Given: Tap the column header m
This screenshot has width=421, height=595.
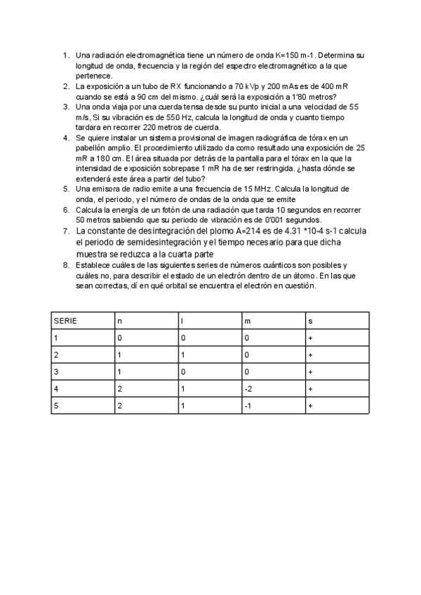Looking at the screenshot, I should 246,321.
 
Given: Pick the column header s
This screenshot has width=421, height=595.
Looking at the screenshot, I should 309,321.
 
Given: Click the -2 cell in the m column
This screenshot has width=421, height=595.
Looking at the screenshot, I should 248,389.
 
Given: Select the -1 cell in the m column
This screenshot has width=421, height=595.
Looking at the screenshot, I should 248,406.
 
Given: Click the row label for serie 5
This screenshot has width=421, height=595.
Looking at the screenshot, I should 55,406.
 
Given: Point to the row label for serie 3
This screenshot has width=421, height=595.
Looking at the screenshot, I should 55,372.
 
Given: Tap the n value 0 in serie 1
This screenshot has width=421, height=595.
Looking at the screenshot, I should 119,338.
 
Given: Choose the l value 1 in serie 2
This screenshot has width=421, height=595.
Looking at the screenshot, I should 182,355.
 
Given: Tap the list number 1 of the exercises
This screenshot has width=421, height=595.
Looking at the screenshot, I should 65,55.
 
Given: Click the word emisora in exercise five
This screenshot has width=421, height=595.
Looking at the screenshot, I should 106,189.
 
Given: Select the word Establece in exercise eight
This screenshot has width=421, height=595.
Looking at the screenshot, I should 94,265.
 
